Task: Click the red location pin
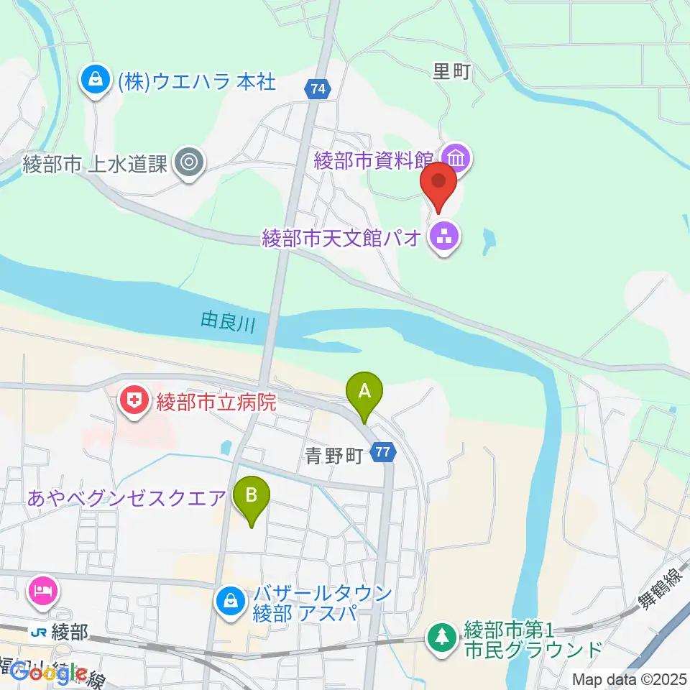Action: pos(439,184)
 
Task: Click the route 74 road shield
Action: pos(318,89)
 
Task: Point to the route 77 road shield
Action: pos(383,452)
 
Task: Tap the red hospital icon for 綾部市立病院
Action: pos(133,401)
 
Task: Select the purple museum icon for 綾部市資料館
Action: pos(456,157)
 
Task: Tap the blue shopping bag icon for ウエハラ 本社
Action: pos(95,78)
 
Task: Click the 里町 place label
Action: pos(451,70)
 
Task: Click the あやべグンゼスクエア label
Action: pos(128,497)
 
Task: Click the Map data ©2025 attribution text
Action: pos(629,678)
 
